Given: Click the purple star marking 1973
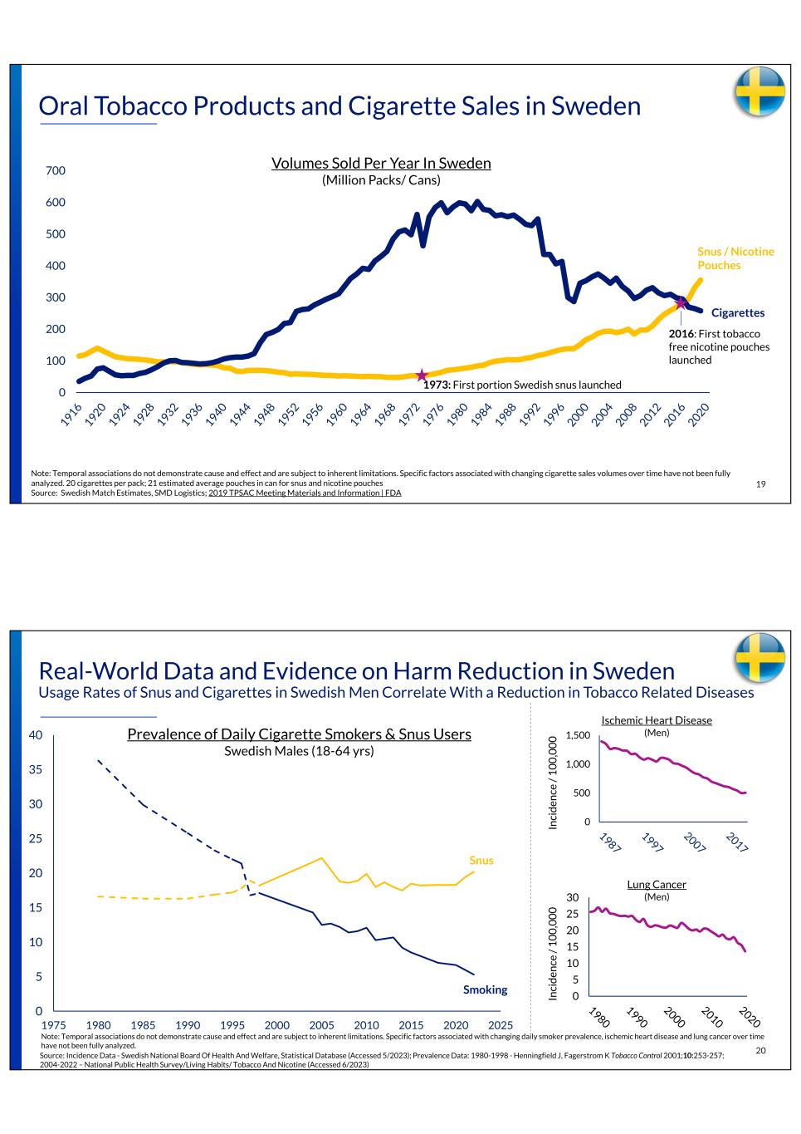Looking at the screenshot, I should click(422, 376).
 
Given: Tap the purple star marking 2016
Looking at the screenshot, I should click(681, 303).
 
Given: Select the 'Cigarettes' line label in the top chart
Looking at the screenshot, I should click(737, 313).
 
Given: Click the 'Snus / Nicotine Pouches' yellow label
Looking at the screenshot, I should click(735, 258).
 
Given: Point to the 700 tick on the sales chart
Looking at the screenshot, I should click(55, 171).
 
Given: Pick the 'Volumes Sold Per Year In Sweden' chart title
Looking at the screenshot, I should click(381, 164).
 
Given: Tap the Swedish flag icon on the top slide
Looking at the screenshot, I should click(759, 91).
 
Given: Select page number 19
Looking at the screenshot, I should click(761, 484).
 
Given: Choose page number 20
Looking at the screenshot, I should click(761, 1051).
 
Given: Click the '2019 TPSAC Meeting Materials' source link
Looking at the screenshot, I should click(305, 493).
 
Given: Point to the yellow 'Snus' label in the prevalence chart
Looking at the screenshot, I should click(481, 861).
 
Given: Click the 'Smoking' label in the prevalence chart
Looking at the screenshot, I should click(485, 989).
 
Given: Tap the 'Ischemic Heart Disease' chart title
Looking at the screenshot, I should click(656, 720).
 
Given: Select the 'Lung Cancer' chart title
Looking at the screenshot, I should click(656, 885).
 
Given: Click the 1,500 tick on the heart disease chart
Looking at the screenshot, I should click(578, 735).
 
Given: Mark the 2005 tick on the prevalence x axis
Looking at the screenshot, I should click(321, 1025).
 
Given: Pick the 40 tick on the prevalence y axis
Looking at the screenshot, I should click(35, 735).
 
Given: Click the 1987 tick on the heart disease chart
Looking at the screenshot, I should click(609, 842).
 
